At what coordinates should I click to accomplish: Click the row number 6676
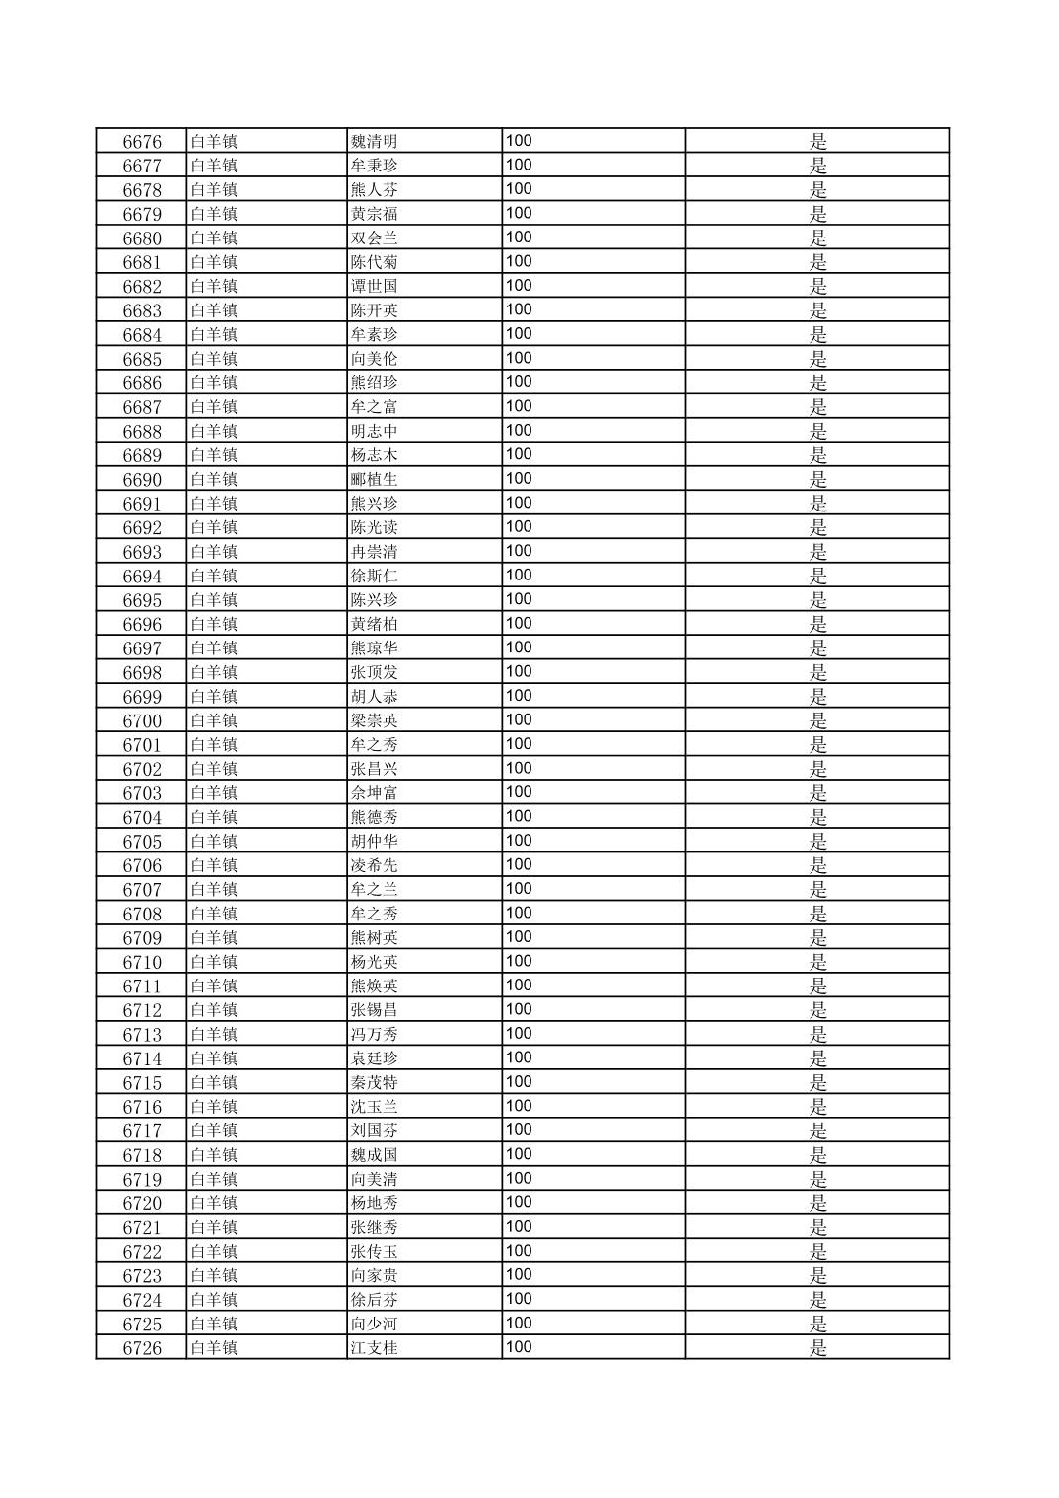coord(142,142)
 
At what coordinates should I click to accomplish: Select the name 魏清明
coord(374,142)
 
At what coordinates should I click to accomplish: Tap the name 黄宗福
coord(374,215)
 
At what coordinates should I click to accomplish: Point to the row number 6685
coord(142,360)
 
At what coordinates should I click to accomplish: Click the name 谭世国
coord(374,287)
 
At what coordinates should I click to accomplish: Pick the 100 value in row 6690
coord(519,479)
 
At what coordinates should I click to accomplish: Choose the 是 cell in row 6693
coord(817,552)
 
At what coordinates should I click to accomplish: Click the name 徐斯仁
coord(374,577)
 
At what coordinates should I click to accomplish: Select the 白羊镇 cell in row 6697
coord(214,648)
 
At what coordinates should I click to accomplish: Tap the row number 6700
coord(142,721)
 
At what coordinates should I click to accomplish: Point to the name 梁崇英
coord(374,721)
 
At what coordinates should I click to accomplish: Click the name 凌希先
coord(374,866)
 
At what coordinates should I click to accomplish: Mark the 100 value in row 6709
coord(519,937)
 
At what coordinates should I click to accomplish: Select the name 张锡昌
coord(374,1011)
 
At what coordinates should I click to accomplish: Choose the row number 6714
coord(142,1059)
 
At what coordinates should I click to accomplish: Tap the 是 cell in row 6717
coord(817,1131)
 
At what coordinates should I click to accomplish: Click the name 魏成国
coord(374,1156)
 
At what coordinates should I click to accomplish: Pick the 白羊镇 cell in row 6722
coord(214,1252)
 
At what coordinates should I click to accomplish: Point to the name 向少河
coord(374,1325)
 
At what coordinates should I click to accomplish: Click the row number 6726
coord(142,1349)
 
